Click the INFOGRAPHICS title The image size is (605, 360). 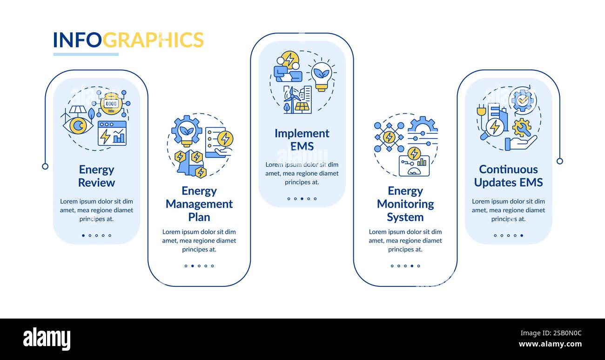pos(128,40)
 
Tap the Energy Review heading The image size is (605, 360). pos(96,176)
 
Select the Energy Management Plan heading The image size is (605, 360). pos(199,204)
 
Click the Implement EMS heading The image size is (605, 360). pos(302,140)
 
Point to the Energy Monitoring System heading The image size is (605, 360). pos(405,204)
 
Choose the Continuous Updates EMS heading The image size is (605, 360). pos(508,176)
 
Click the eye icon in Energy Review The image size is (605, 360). pos(78,125)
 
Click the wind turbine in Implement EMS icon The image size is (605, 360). pos(290,100)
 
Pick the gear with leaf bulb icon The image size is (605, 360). pos(186,131)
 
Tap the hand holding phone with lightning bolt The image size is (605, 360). pos(219,142)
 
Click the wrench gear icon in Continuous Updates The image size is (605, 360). pos(522,127)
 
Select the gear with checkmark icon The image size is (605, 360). pos(523,100)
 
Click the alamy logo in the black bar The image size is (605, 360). pos(47,339)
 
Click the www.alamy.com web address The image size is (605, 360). pos(550,345)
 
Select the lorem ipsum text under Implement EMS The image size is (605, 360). pos(302,173)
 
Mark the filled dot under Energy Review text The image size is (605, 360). pos(83,236)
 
